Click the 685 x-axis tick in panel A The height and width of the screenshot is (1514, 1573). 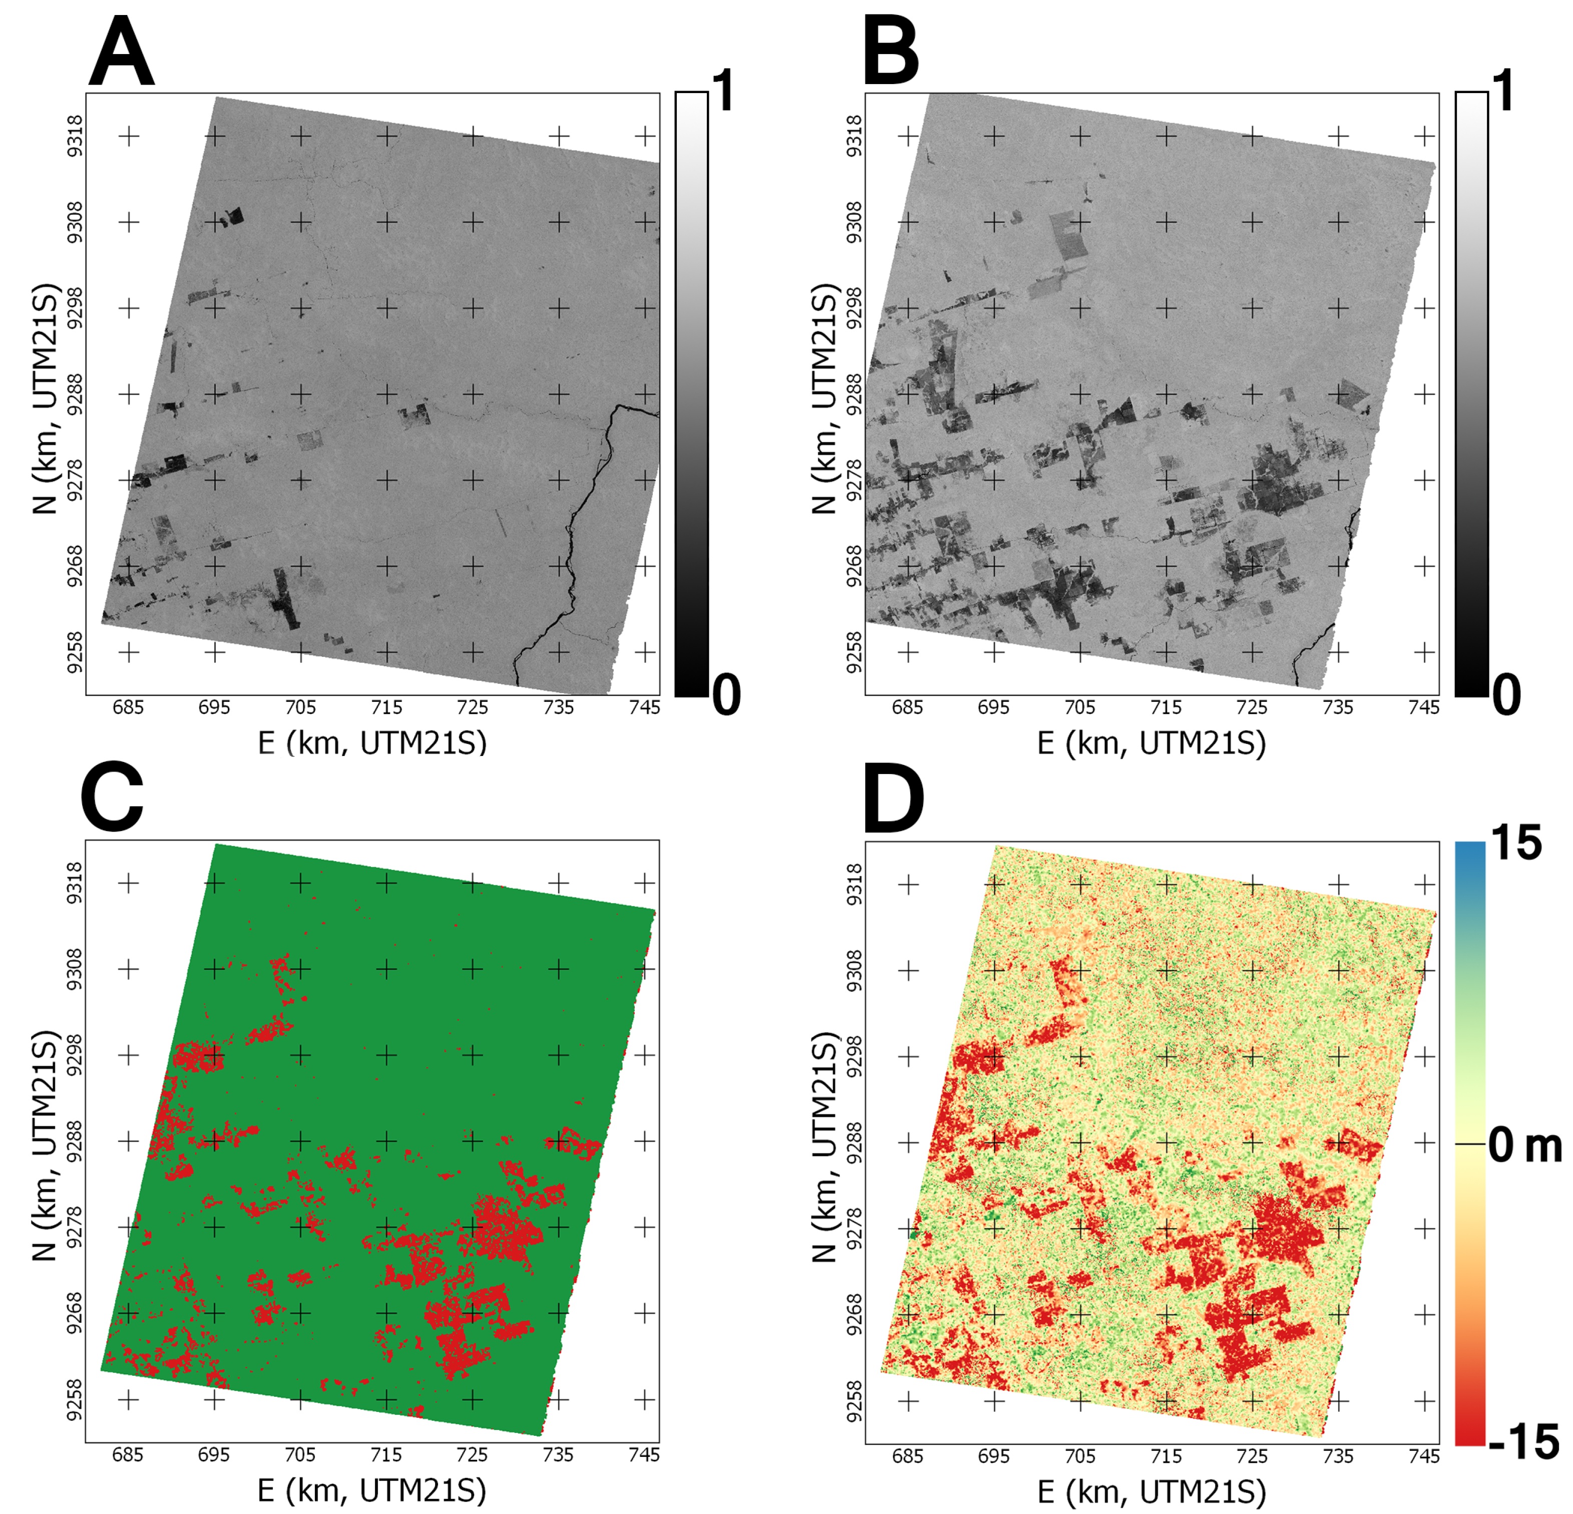click(128, 707)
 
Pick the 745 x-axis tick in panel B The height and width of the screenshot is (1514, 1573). click(1424, 707)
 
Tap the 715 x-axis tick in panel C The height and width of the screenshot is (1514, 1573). click(386, 1454)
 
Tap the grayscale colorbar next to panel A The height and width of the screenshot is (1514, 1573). click(691, 394)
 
